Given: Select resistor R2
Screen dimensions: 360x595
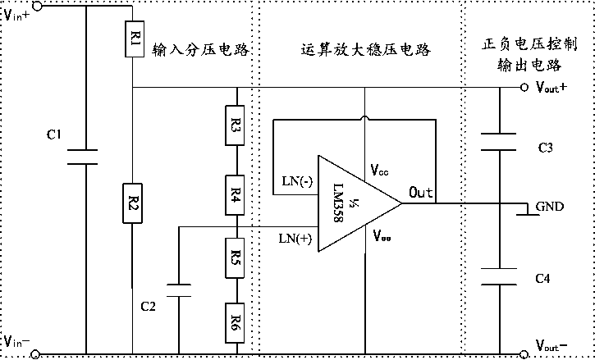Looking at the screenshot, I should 133,203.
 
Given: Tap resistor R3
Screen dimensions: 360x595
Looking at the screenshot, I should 236,129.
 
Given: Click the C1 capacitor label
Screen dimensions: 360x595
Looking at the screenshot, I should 54,134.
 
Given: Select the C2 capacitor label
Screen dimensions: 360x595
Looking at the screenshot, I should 148,307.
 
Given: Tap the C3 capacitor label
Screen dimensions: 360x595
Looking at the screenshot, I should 545,148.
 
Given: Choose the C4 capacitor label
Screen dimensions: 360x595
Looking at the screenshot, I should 542,280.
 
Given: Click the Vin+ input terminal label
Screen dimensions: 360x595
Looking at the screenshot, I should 17,16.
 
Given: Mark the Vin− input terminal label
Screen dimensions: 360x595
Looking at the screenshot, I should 17,341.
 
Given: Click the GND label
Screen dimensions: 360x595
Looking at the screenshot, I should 549,206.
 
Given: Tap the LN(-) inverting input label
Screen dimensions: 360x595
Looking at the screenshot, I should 295,180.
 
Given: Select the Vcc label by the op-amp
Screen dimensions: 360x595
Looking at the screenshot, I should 380,171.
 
